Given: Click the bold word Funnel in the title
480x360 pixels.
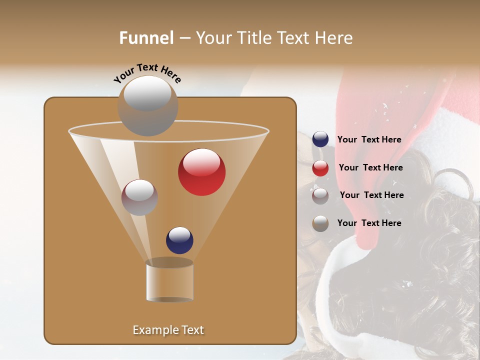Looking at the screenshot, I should pyautogui.click(x=146, y=38).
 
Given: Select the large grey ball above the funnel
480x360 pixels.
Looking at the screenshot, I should pyautogui.click(x=147, y=105).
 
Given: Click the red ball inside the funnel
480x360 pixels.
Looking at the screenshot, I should pyautogui.click(x=201, y=171).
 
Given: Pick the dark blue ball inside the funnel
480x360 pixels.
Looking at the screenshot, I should pyautogui.click(x=179, y=240).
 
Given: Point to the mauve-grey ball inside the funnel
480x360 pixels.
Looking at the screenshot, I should pyautogui.click(x=139, y=197).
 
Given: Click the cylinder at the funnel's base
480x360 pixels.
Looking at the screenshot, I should pyautogui.click(x=169, y=281).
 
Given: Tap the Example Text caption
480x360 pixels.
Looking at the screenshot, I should pyautogui.click(x=168, y=330).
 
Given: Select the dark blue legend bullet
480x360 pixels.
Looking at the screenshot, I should pyautogui.click(x=320, y=139).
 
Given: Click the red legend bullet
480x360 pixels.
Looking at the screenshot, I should pyautogui.click(x=320, y=168).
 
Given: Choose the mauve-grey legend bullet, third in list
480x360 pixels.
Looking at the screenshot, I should pyautogui.click(x=320, y=195).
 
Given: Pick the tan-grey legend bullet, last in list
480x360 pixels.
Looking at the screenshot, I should pyautogui.click(x=320, y=223).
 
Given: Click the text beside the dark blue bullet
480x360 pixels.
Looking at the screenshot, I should pyautogui.click(x=369, y=140).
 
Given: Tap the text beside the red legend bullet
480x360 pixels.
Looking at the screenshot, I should pyautogui.click(x=370, y=168).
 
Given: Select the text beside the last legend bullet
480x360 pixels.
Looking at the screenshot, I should pyautogui.click(x=369, y=223).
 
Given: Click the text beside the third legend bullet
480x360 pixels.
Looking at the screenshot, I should pyautogui.click(x=371, y=195).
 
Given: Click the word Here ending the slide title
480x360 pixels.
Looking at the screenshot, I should pyautogui.click(x=335, y=38).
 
